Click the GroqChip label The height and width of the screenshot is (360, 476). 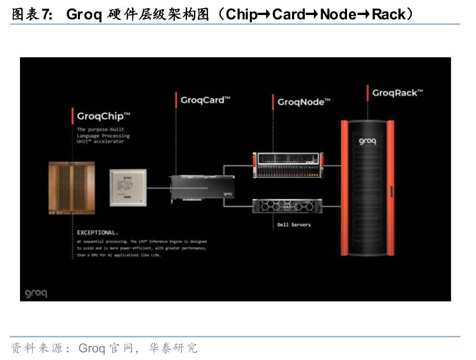point(104,116)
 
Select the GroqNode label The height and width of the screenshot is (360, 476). point(303,102)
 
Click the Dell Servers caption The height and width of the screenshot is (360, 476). point(294,225)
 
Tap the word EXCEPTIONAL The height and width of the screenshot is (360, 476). point(97,233)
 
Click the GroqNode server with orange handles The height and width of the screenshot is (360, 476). point(288,165)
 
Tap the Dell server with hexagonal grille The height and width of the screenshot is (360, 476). point(287,207)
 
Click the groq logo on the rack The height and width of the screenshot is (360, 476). point(367,141)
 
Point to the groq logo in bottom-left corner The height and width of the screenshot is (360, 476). point(36,293)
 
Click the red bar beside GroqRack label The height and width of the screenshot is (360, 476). point(367,93)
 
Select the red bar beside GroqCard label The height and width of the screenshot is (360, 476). point(176,100)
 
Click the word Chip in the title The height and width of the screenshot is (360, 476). point(241,15)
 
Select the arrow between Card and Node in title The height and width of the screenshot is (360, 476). point(312,15)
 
